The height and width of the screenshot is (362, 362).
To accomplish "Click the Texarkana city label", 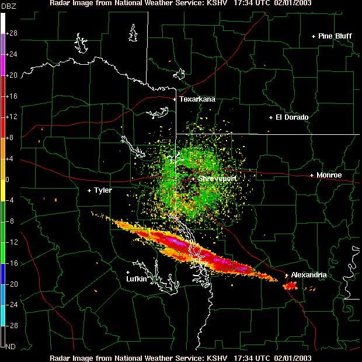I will point(197,99).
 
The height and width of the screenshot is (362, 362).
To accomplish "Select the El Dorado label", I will point(292,117).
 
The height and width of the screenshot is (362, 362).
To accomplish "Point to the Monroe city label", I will point(329,175).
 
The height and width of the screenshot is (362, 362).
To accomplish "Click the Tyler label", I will point(103,190).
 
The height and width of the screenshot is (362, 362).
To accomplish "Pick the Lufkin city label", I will point(137,279).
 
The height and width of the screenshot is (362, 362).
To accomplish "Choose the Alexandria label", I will point(309,275).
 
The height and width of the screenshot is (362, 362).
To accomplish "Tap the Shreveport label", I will point(217,179).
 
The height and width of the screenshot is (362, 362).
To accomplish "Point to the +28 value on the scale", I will point(12,34).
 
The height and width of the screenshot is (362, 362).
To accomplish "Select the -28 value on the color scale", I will point(12,325).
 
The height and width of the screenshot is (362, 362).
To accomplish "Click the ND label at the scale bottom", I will point(11,346).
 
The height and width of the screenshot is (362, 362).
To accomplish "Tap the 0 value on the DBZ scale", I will point(8,180).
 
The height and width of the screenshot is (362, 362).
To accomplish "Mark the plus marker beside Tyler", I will point(89,190).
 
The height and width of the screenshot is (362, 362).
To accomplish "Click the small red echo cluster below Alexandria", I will point(291,286).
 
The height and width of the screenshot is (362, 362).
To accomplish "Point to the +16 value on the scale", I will point(12,96).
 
